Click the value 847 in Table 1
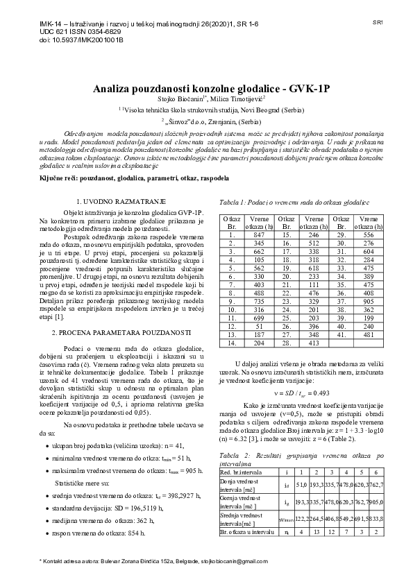pyautogui.click(x=259, y=235)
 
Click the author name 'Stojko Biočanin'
pyautogui.click(x=178, y=100)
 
